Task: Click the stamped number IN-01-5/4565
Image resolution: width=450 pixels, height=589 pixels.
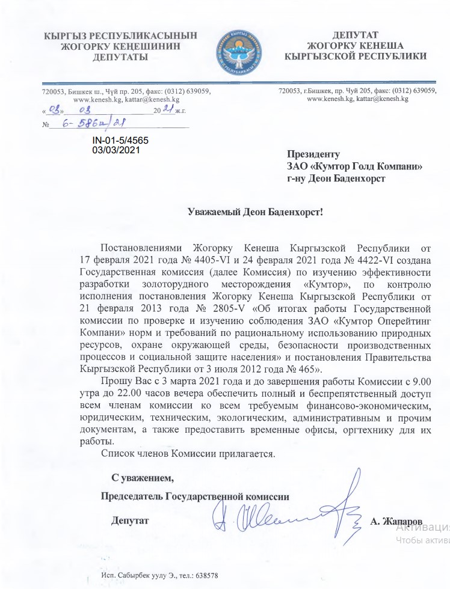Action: [120, 140]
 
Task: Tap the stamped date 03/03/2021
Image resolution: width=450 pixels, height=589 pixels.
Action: [116, 150]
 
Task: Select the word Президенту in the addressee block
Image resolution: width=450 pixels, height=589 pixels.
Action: [313, 154]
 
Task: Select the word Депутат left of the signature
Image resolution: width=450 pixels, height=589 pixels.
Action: [129, 520]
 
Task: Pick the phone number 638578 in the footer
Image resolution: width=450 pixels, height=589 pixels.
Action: [205, 575]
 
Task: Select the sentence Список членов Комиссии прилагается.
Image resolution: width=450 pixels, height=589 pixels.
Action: [188, 454]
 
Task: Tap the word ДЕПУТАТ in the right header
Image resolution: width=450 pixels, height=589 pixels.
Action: [355, 35]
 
